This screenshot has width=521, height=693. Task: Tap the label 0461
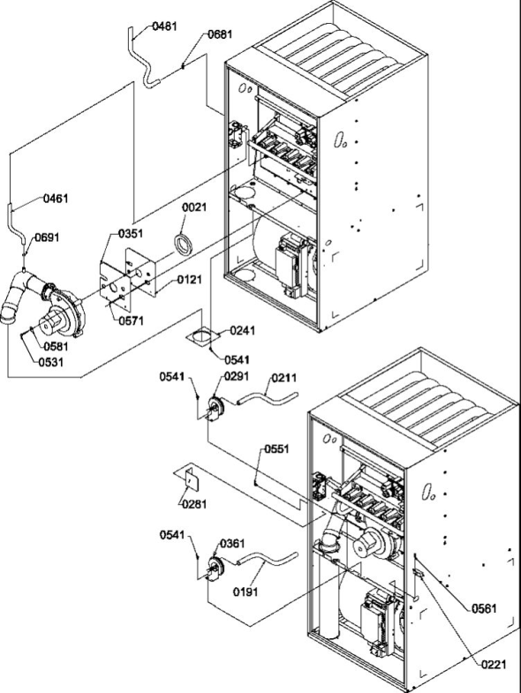tap(57, 200)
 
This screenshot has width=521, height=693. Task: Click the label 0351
tap(131, 235)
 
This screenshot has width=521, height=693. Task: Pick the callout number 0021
tap(195, 207)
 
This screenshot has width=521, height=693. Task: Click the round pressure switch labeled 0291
tap(212, 409)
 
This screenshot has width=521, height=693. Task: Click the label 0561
tap(483, 607)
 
